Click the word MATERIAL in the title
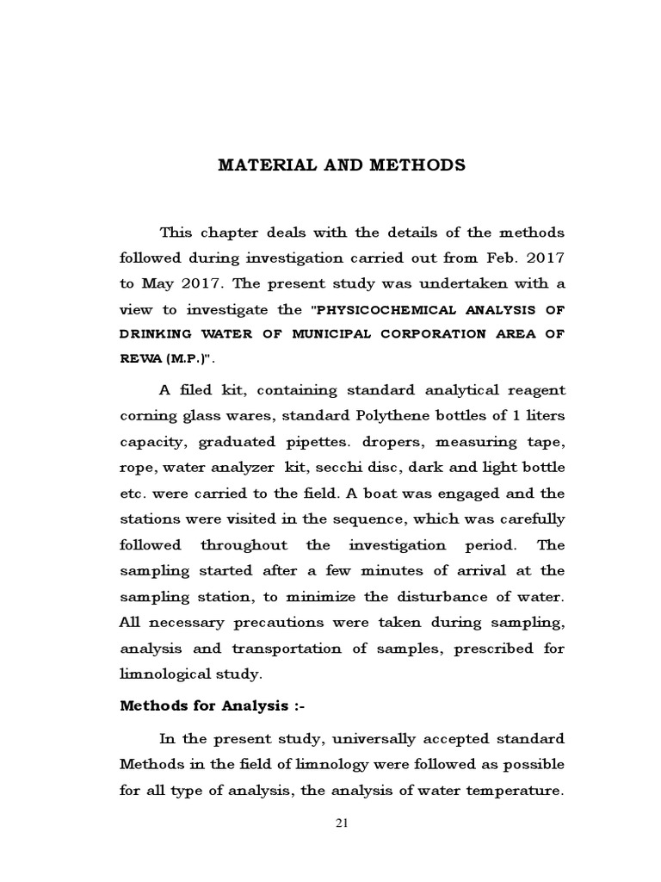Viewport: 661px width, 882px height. pyautogui.click(x=257, y=165)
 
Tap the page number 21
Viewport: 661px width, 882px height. pyautogui.click(x=341, y=823)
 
